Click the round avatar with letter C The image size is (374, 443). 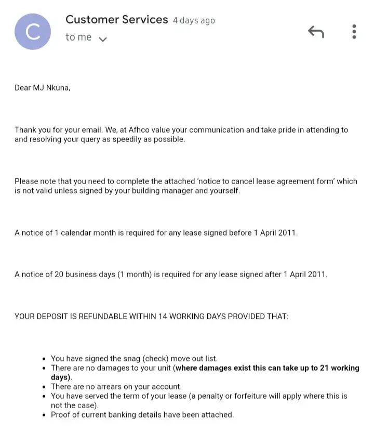(33, 32)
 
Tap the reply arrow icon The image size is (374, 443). (316, 32)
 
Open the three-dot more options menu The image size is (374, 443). (354, 32)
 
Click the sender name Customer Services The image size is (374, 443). (116, 20)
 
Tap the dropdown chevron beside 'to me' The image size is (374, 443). (103, 38)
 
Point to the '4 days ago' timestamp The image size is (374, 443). (194, 21)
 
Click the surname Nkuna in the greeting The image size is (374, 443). (57, 87)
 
